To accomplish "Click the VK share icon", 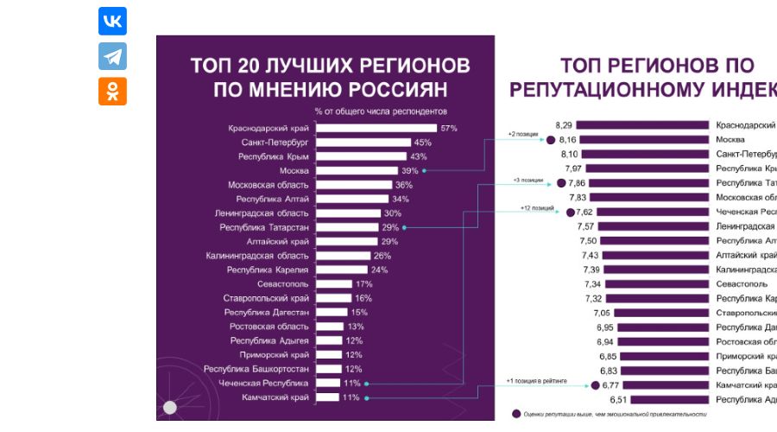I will tap(112, 22).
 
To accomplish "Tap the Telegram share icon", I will tap(112, 56).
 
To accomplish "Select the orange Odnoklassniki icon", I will tap(112, 91).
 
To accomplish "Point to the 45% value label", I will tap(423, 143).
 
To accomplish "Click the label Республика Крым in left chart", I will tap(273, 156).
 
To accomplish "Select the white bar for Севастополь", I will tap(333, 283).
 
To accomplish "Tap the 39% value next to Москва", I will tap(409, 171).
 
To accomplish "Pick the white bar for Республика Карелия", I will tap(341, 270).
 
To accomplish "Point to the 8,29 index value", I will tap(565, 124).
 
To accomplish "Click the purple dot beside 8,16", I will tap(550, 139).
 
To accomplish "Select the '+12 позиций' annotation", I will tap(537, 208).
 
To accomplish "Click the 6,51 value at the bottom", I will tap(617, 400).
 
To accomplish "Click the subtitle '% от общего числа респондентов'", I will tap(382, 111).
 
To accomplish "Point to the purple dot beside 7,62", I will tap(569, 213).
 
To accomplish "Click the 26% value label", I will tap(382, 256).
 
